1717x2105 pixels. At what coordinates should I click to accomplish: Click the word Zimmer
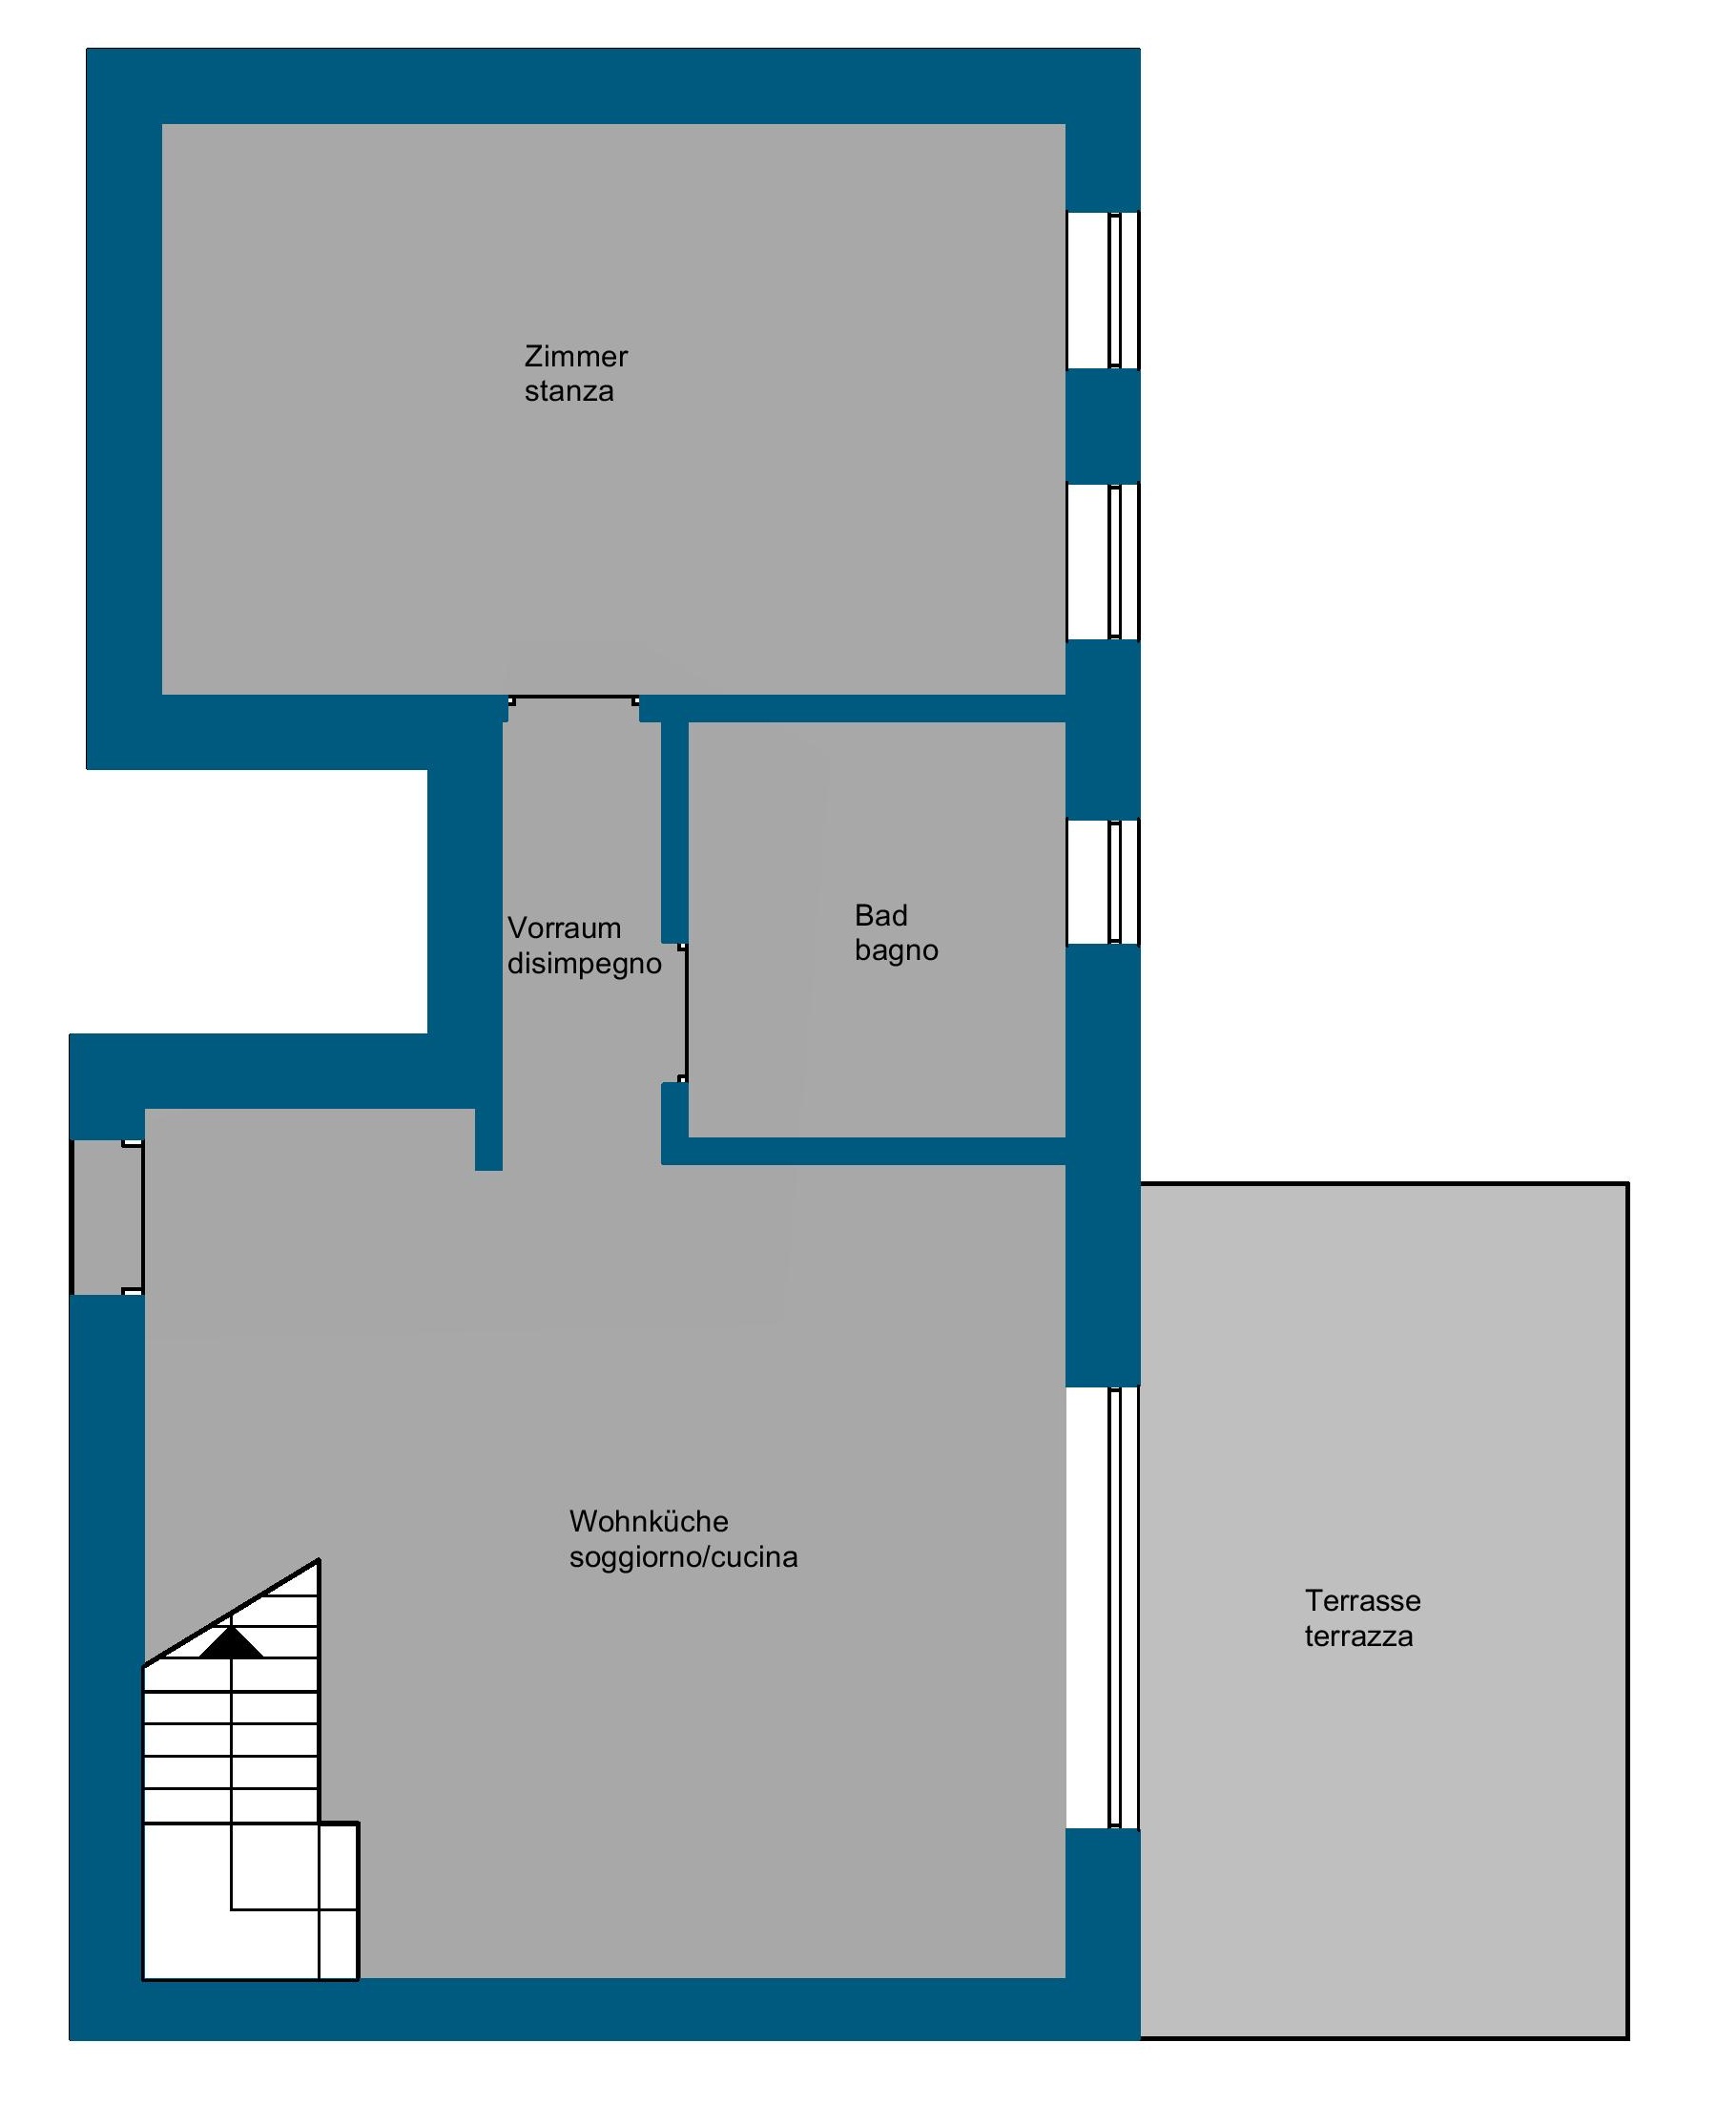pos(575,356)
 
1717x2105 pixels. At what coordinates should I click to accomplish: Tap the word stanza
pos(569,392)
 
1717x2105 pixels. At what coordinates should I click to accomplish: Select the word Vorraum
pos(564,927)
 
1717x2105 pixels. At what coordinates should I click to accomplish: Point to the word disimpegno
pos(585,964)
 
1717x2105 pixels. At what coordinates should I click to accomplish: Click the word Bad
pos(881,915)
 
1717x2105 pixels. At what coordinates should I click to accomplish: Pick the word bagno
pos(896,950)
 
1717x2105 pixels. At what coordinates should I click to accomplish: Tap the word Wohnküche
pos(649,1520)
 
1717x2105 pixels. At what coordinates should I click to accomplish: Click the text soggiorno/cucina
pos(683,1557)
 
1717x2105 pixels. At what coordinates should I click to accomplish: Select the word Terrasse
pos(1363,1600)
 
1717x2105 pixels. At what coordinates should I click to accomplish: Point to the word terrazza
pos(1359,1636)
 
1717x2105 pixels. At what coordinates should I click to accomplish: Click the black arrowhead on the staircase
pos(232,1642)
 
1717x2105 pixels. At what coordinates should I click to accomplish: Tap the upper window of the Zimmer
pos(1103,290)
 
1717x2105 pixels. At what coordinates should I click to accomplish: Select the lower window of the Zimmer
pos(1103,562)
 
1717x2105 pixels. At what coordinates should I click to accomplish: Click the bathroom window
pos(1103,883)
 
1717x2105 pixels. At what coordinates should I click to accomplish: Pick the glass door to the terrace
pos(1103,1608)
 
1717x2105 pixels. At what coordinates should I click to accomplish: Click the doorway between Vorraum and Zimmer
pos(573,699)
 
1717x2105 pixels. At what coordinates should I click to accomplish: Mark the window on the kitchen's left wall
pos(107,1217)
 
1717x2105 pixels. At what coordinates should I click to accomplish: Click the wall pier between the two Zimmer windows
pos(1103,427)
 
